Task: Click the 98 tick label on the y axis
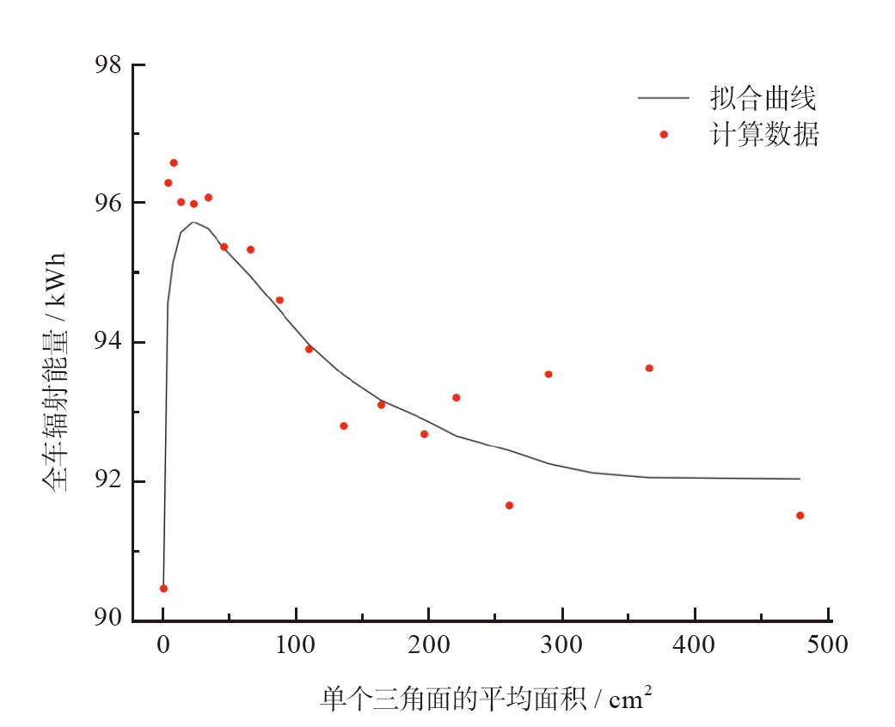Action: pos(108,64)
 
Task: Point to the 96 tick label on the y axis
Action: pos(108,204)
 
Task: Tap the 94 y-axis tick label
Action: pos(108,342)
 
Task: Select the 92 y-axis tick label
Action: pos(108,481)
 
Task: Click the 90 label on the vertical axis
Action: pos(108,620)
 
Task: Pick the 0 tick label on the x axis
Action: pos(162,645)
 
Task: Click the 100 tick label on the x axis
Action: pos(296,645)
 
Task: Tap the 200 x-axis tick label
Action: pos(428,645)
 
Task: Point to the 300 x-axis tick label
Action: pos(561,645)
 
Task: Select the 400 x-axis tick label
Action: pos(695,645)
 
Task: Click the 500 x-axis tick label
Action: pos(827,645)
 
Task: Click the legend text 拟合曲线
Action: pos(762,99)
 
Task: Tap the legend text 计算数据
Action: pos(763,135)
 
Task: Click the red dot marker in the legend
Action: pos(664,134)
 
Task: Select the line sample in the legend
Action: pos(664,98)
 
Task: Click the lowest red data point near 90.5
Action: pos(163,589)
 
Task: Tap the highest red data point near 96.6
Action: pos(174,162)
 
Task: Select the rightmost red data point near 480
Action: pos(800,516)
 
